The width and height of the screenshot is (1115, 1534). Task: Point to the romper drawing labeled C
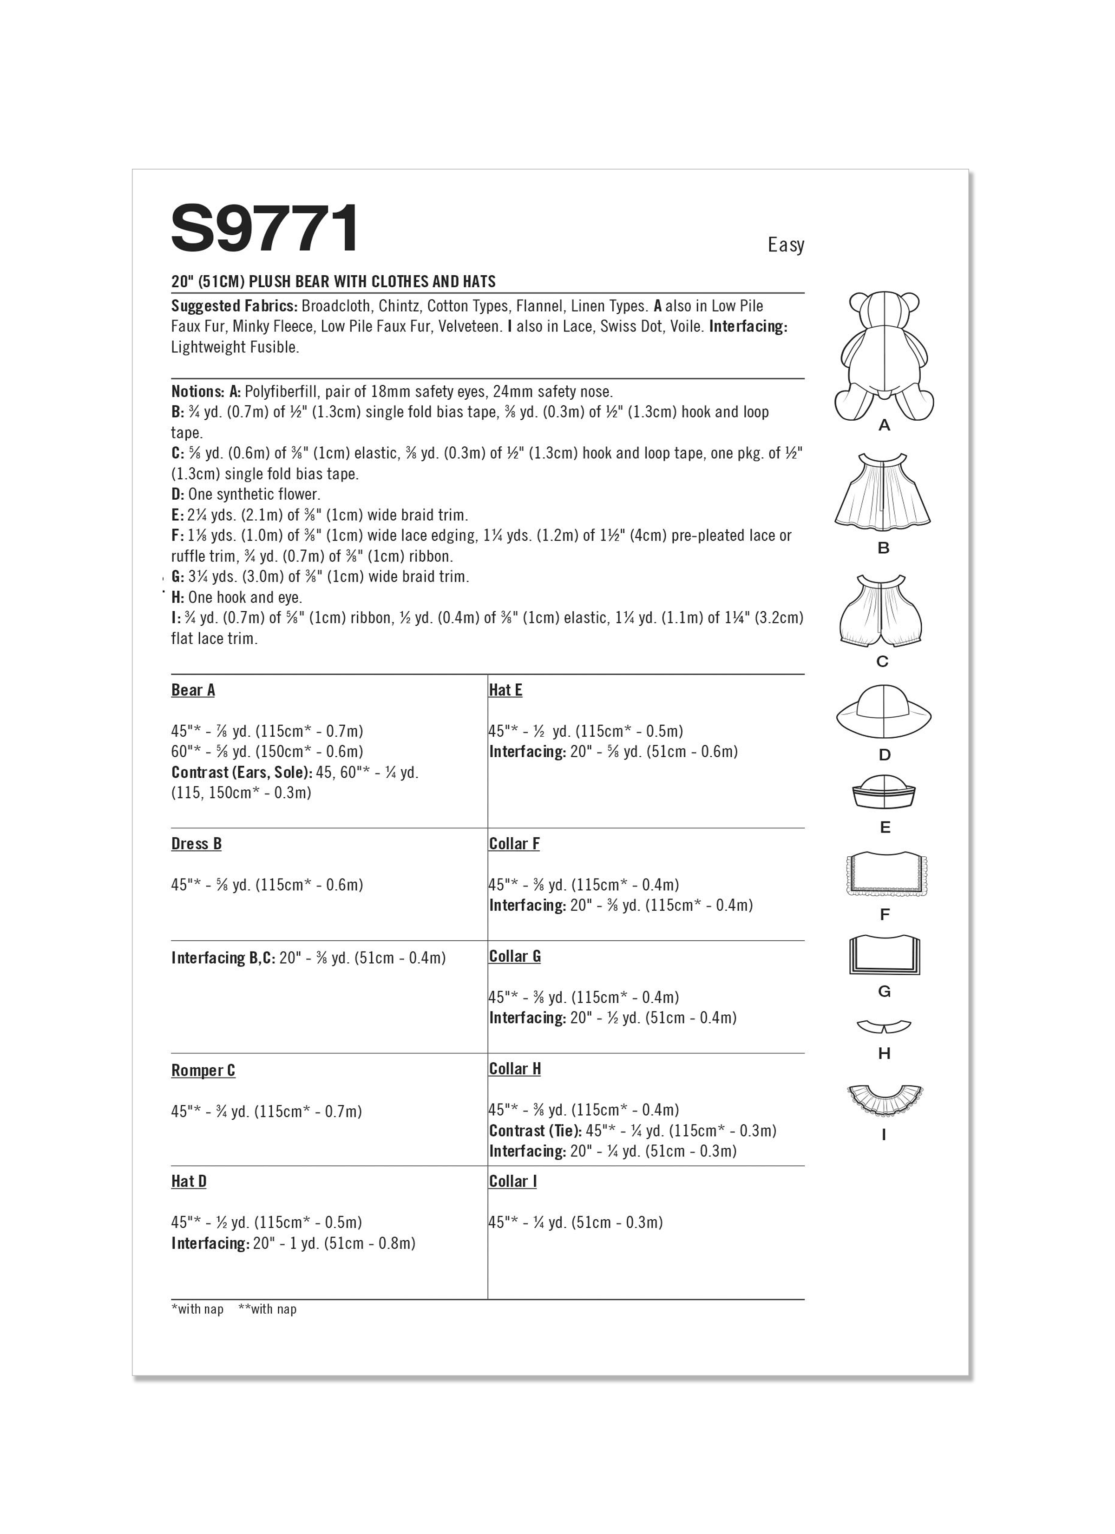click(882, 611)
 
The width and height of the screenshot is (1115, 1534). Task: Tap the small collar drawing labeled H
click(884, 1027)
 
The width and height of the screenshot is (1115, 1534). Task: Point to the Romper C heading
click(203, 1071)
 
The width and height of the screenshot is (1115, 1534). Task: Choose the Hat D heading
click(189, 1182)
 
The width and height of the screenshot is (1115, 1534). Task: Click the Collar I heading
click(512, 1182)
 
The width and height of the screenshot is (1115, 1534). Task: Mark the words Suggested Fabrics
click(234, 306)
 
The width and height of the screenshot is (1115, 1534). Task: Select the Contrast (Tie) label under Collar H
click(535, 1131)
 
